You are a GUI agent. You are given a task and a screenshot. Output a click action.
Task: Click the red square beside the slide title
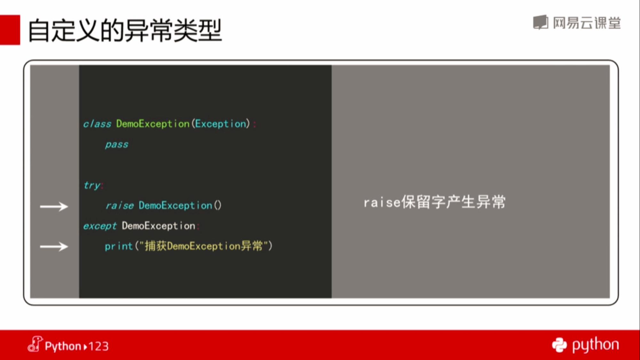[10, 30]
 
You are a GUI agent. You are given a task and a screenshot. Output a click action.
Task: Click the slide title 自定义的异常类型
[125, 30]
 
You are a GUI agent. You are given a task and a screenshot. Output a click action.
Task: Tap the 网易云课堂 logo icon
[541, 22]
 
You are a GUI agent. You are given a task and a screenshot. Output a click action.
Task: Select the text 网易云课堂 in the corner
[587, 23]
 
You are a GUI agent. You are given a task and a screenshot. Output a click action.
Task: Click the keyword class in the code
[97, 124]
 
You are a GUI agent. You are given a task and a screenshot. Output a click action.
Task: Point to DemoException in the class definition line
[153, 124]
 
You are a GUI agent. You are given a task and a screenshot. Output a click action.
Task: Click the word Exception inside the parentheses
[221, 124]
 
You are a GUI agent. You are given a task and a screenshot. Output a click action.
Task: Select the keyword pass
[117, 145]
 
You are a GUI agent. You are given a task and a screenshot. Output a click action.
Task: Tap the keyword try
[92, 186]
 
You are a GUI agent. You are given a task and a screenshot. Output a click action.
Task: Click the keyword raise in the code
[120, 205]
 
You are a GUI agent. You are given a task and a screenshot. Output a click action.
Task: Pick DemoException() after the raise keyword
[180, 205]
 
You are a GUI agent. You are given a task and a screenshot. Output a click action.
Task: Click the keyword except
[100, 226]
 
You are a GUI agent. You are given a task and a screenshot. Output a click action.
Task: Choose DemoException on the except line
[159, 226]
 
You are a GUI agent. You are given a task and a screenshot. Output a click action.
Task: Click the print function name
[119, 246]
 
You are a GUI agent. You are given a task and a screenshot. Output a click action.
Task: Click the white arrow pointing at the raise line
[54, 206]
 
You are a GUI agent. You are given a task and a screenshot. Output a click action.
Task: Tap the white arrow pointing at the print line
[54, 246]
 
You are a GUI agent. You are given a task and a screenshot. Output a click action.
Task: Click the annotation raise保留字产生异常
[435, 202]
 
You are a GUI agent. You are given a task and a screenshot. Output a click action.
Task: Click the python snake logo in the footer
[559, 345]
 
